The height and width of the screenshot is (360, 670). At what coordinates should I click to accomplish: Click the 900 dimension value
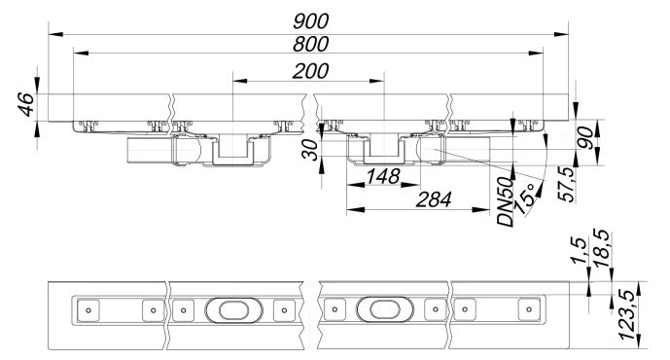click(310, 21)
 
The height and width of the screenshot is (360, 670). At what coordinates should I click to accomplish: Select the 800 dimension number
click(310, 44)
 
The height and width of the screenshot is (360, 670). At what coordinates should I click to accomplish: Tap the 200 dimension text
click(310, 71)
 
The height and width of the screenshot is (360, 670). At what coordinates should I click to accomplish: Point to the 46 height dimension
click(26, 104)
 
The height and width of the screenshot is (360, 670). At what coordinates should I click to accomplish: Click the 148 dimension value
click(383, 176)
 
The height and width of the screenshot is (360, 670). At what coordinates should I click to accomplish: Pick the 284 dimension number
click(434, 199)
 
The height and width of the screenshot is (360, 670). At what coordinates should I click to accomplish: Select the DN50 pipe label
click(506, 201)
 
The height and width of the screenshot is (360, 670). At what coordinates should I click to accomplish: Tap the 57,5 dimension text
click(566, 184)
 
